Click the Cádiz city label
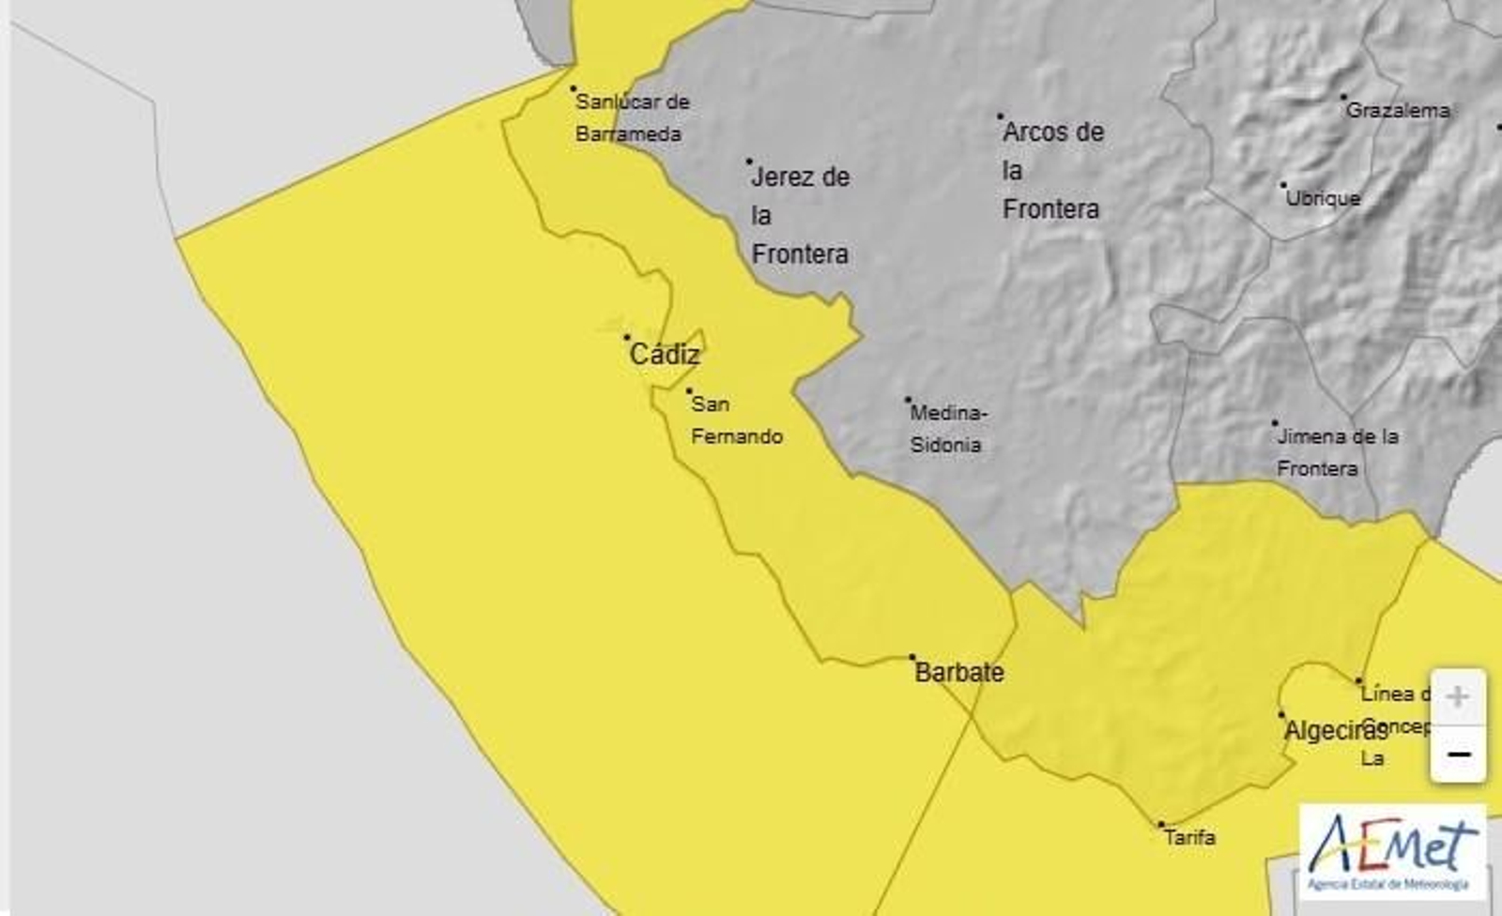coord(665,355)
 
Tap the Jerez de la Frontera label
coord(800,216)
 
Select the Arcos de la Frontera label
coord(1052,171)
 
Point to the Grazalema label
coord(1398,111)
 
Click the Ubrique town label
coord(1323,199)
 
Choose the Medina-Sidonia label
coord(948,429)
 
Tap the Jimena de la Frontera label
coord(1338,452)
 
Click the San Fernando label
coord(736,420)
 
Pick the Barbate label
coord(958,673)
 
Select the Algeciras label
coord(1335,731)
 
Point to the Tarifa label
coord(1189,837)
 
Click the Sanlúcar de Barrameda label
coord(631,117)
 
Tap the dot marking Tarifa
coord(1161,825)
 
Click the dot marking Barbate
coord(912,657)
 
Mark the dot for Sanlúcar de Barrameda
coord(574,89)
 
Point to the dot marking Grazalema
coord(1343,97)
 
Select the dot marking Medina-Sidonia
coord(908,400)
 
